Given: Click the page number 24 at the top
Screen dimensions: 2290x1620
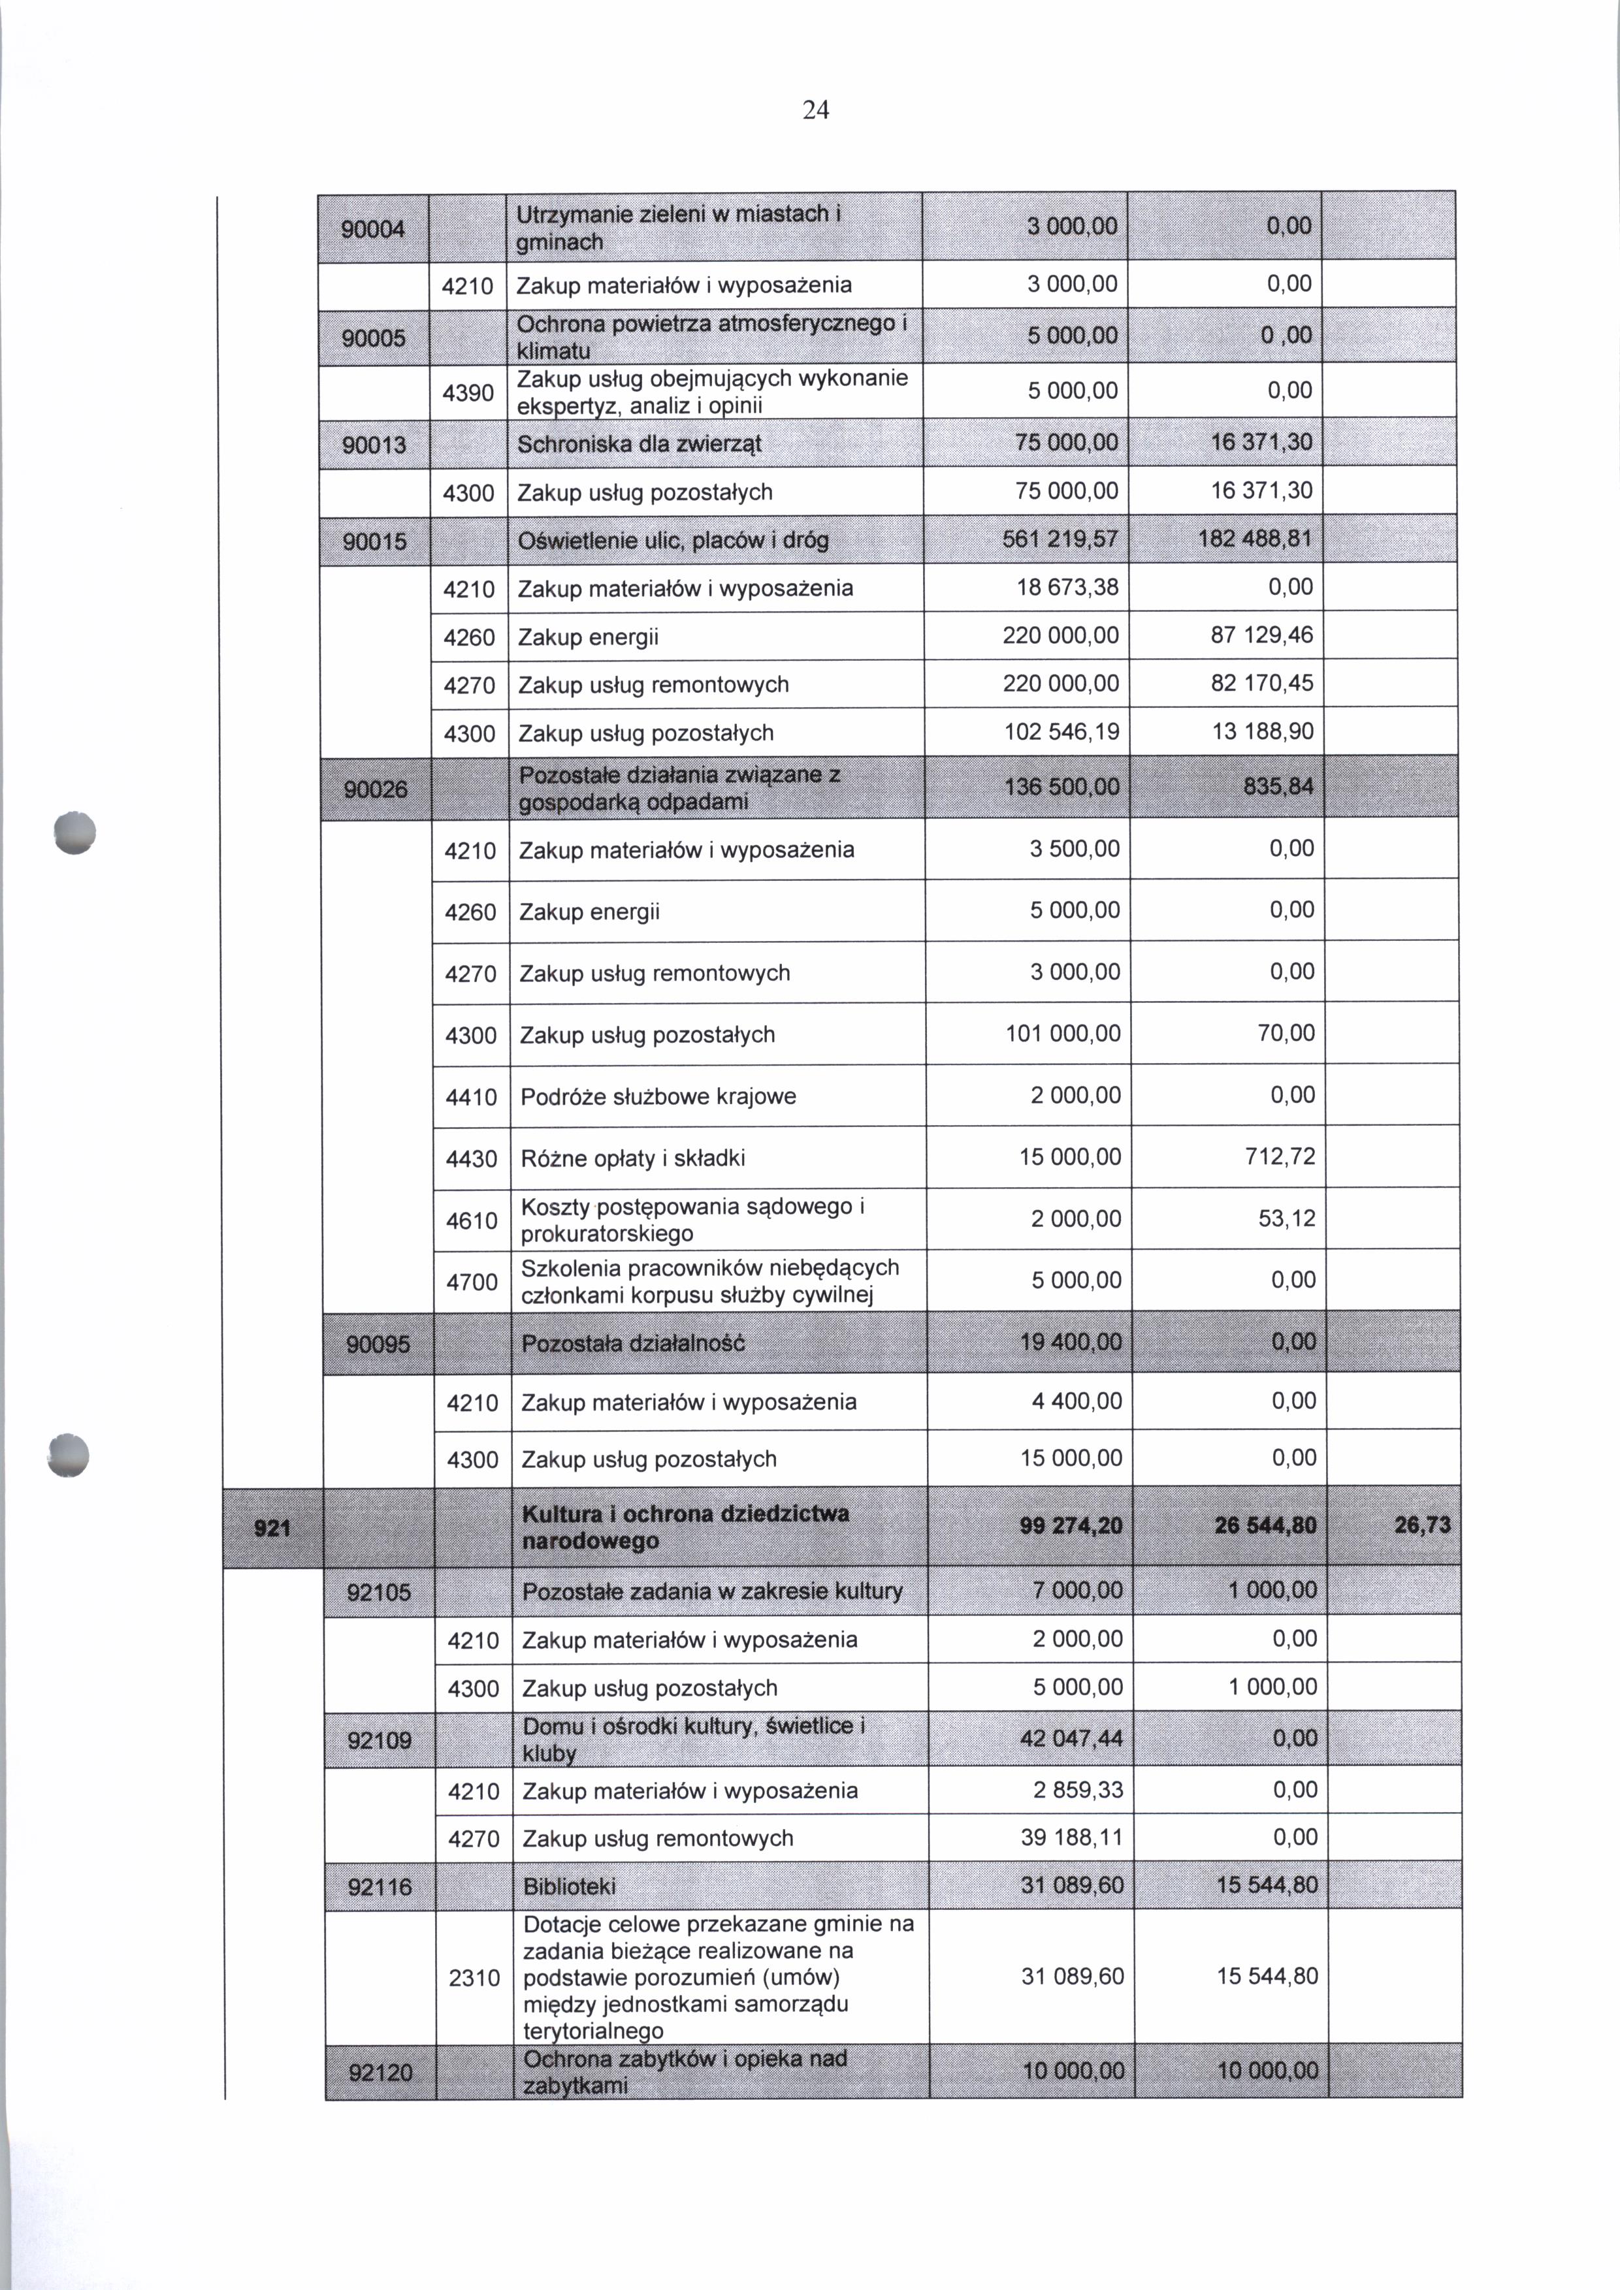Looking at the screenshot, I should coord(815,110).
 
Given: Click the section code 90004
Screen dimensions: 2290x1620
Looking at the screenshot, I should coord(373,229).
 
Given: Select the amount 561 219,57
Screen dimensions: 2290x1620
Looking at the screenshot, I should coord(1060,539).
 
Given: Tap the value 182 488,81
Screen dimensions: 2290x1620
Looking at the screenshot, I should coord(1256,539).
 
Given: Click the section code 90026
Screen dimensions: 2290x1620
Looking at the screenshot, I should coord(375,789).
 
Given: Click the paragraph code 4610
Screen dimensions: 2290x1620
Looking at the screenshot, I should coord(471,1220).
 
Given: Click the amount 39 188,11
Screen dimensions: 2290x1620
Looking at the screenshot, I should coord(1073,1837).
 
